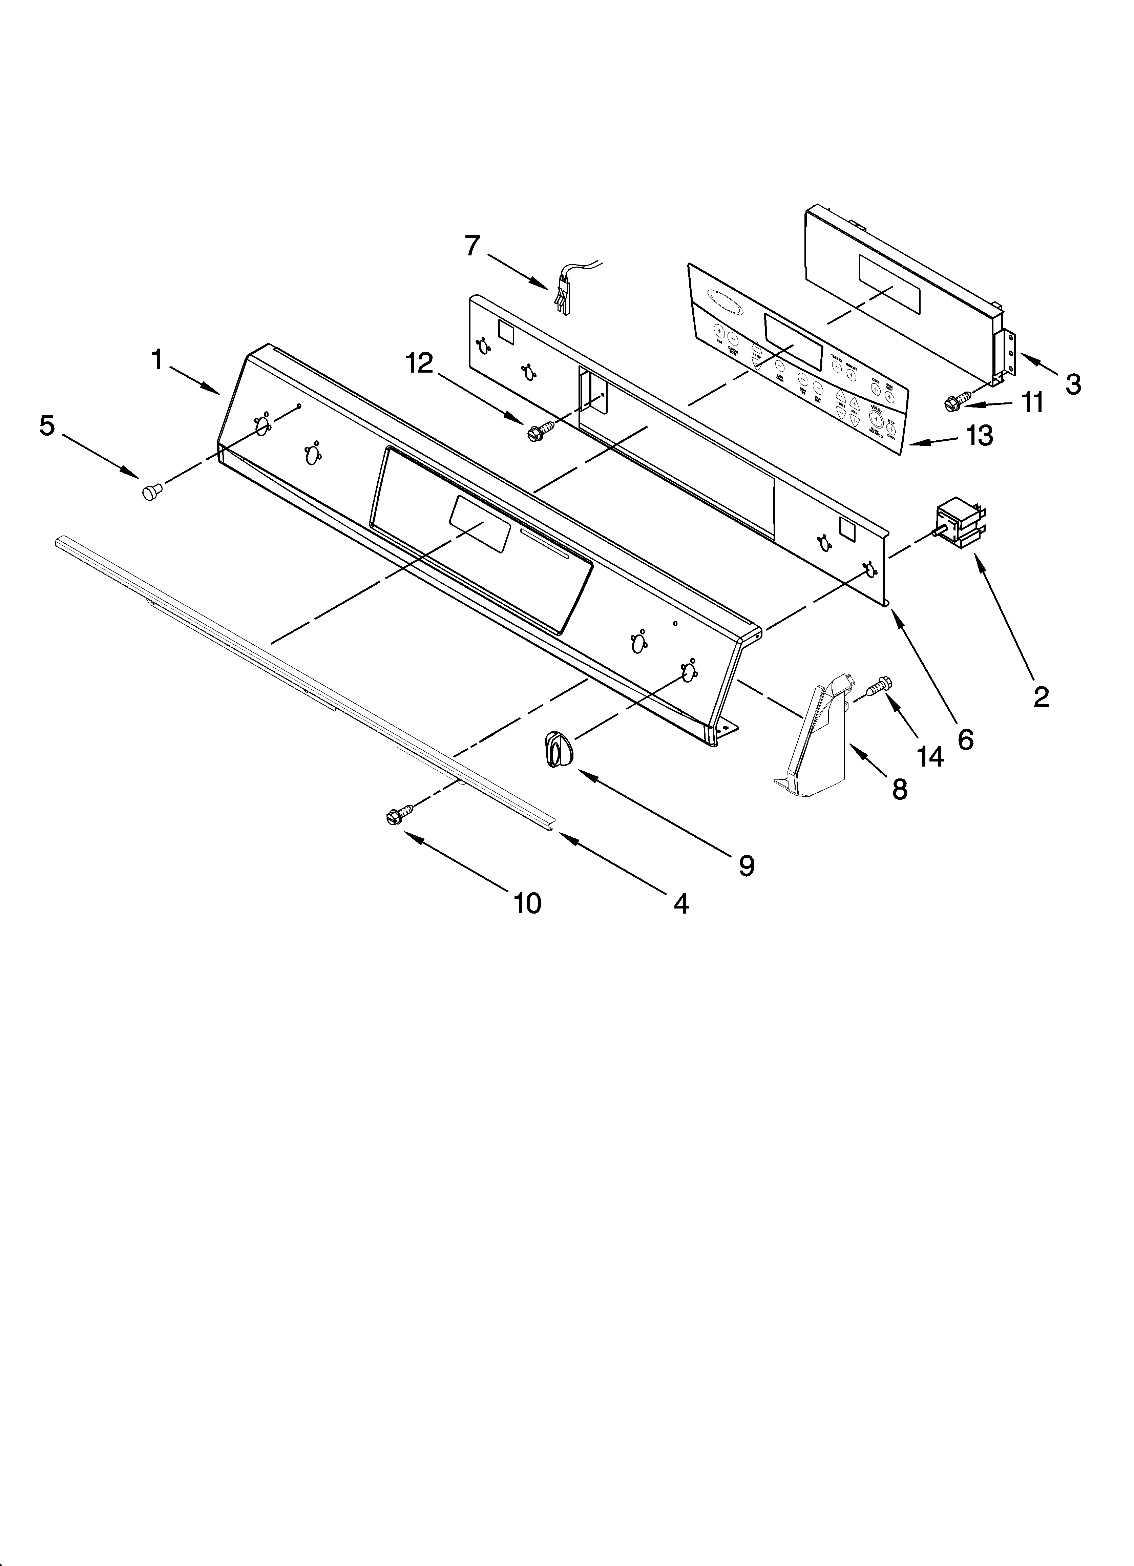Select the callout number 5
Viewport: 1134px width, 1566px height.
coord(46,426)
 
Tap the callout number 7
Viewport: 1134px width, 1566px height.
coord(472,246)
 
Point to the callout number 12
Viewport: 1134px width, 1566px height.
coord(420,364)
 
